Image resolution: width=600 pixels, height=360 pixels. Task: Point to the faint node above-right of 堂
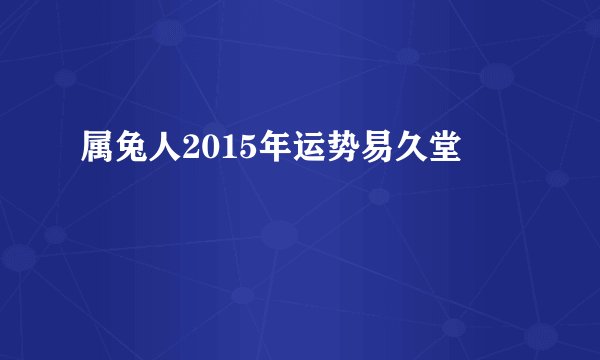tap(496, 75)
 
